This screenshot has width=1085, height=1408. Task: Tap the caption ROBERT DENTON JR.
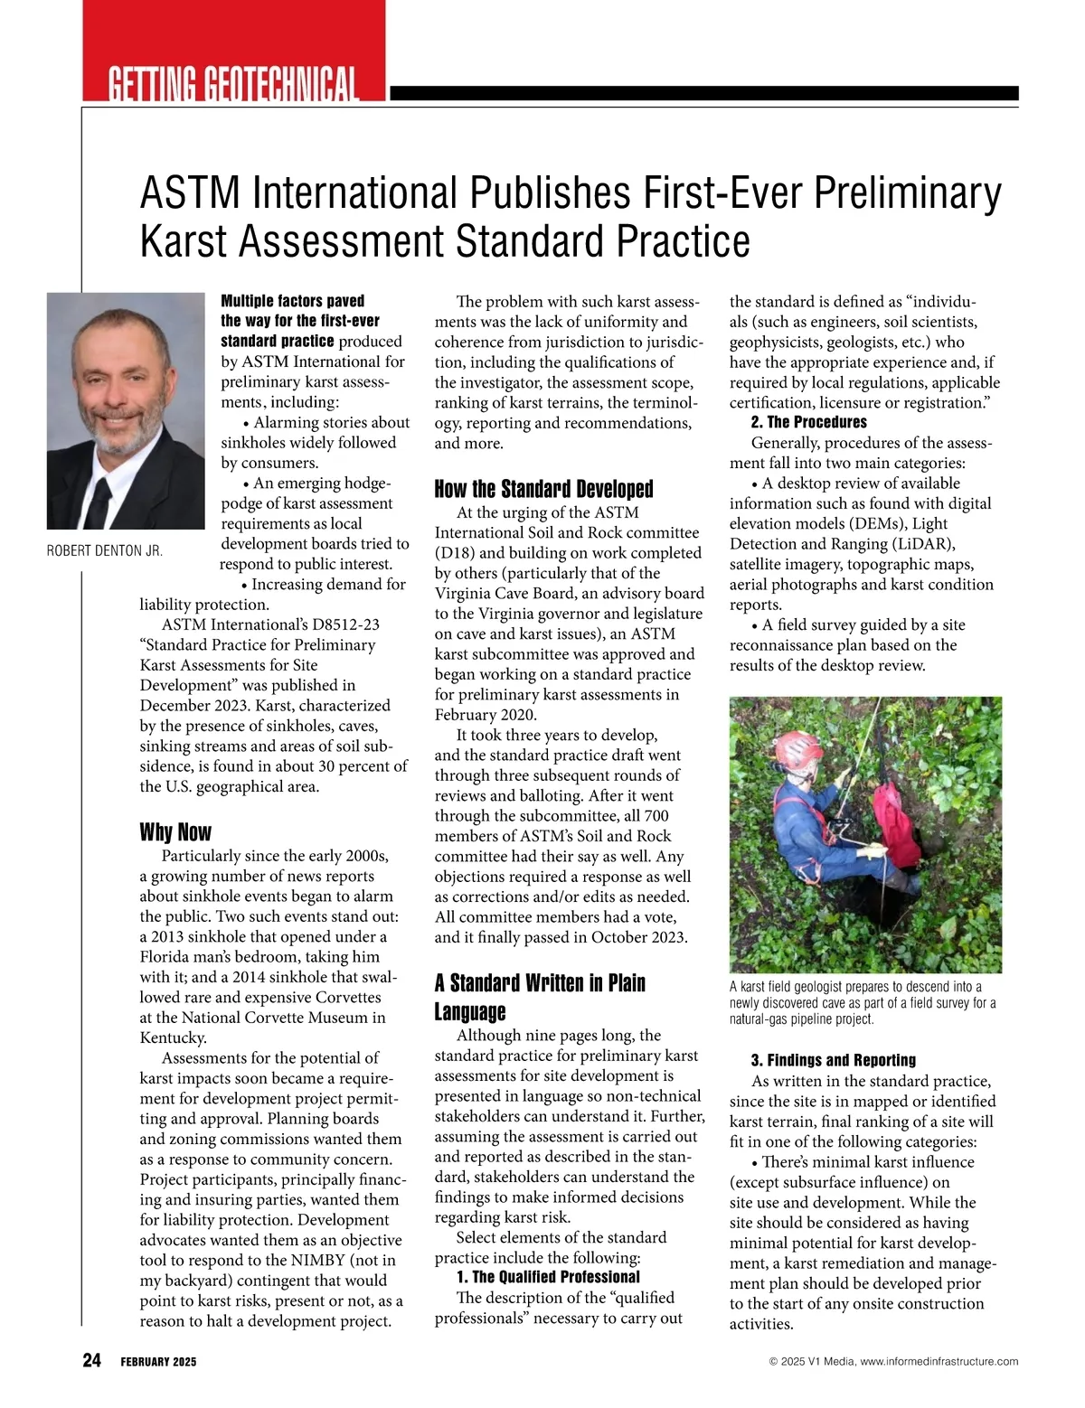pyautogui.click(x=105, y=551)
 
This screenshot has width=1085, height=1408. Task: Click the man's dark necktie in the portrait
pyautogui.click(x=99, y=502)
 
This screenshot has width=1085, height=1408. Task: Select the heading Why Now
pyautogui.click(x=175, y=831)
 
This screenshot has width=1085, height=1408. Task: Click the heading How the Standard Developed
pyautogui.click(x=543, y=489)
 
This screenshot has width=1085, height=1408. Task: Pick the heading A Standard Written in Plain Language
pyautogui.click(x=540, y=996)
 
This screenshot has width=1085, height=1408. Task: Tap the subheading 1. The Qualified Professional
pyautogui.click(x=548, y=1277)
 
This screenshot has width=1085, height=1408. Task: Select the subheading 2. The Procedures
pyautogui.click(x=808, y=422)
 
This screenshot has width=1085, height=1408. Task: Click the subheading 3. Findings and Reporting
pyautogui.click(x=833, y=1060)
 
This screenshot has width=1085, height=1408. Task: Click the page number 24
pyautogui.click(x=92, y=1361)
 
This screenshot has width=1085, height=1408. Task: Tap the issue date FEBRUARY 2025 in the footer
pyautogui.click(x=158, y=1362)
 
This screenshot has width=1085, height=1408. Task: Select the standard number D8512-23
pyautogui.click(x=341, y=624)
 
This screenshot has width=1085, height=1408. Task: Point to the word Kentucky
pyautogui.click(x=173, y=1037)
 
